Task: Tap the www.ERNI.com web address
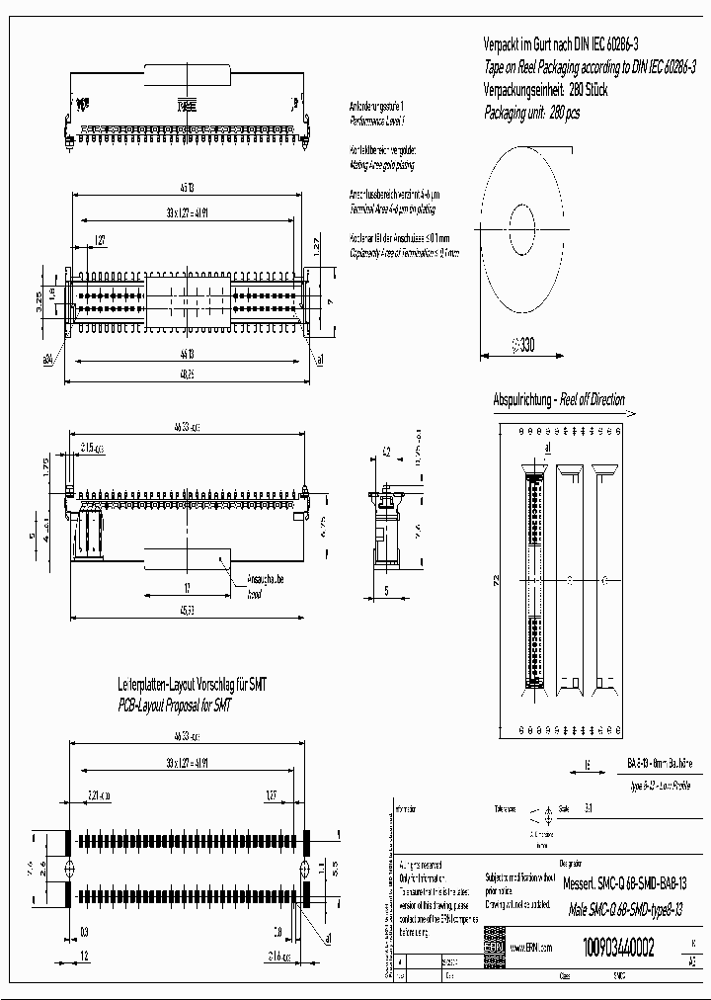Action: click(530, 948)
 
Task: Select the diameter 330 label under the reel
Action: click(523, 345)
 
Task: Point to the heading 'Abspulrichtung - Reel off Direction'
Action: click(559, 400)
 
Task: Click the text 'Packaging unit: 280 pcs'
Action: click(531, 114)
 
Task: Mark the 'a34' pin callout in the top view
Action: click(46, 360)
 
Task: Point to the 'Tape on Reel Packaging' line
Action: click(589, 67)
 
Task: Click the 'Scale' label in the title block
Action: click(564, 807)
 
